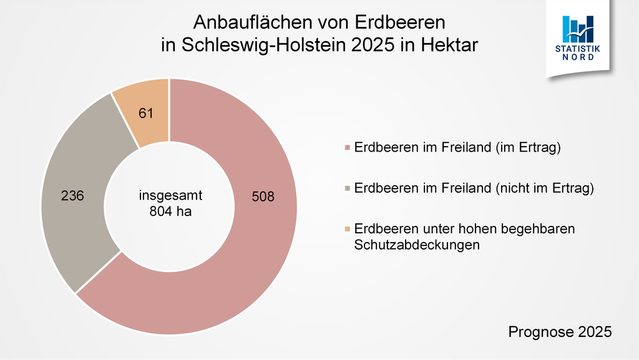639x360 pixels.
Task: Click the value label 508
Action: coord(263,196)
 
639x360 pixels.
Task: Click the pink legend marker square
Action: coord(347,149)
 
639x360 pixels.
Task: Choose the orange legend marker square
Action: coord(347,229)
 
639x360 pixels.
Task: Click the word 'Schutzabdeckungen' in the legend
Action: coord(412,245)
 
